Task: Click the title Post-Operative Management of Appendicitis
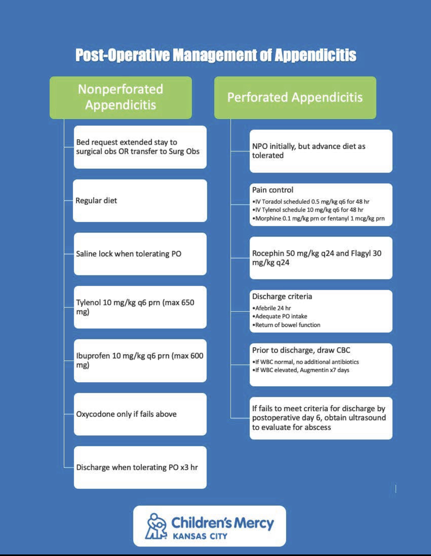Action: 216,55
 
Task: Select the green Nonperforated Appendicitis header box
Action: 121,97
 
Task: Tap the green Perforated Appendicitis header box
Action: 295,97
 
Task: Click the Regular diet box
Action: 140,201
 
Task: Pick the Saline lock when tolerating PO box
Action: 140,254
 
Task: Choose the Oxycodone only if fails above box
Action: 140,414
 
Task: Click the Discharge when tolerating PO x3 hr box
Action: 140,467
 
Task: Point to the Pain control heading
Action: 273,190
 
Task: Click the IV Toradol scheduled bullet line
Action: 311,201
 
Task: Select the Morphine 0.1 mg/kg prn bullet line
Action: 318,218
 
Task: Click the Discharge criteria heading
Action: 282,296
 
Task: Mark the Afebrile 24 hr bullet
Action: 272,308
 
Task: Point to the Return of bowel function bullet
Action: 286,325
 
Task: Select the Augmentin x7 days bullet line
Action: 300,370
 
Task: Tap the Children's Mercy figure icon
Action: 156,526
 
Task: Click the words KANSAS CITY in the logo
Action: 200,536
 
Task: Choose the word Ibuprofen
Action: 93,356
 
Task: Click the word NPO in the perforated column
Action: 260,146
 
